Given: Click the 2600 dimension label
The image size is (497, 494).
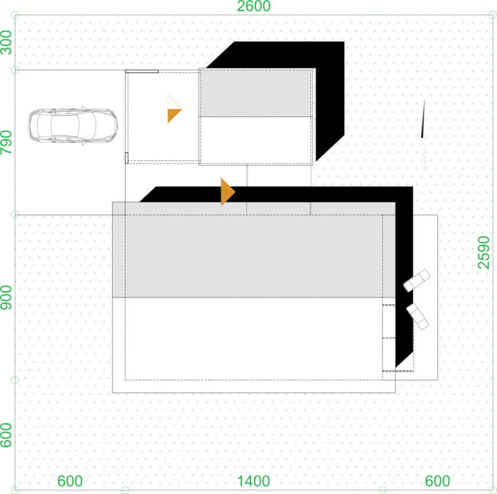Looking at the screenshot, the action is (254, 6).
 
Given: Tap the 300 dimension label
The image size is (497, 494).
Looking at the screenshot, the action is (6, 43).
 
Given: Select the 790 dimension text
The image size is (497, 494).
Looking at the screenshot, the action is (6, 142).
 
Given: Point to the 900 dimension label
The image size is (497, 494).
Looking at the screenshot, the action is (6, 297).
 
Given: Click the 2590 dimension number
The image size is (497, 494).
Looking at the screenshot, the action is (484, 253).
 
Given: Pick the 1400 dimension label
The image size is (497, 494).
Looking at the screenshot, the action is (254, 481).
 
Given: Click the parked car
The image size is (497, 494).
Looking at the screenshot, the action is (73, 126).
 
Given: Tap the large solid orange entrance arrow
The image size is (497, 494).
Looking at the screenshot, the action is (228, 192).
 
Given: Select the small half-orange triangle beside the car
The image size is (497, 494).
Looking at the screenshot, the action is (174, 109).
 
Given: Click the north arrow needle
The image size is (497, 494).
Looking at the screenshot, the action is (423, 118).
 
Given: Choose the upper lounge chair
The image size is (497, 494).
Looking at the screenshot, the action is (417, 281).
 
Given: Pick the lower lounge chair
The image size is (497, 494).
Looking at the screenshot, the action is (418, 316).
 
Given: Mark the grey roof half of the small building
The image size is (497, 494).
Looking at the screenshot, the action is (255, 93).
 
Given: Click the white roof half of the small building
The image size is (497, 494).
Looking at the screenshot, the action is (255, 141).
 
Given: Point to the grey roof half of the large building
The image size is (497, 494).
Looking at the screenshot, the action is (254, 250).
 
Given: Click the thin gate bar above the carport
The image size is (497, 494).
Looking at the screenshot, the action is (142, 71).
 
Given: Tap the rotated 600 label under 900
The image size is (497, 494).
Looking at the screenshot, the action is (6, 436).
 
